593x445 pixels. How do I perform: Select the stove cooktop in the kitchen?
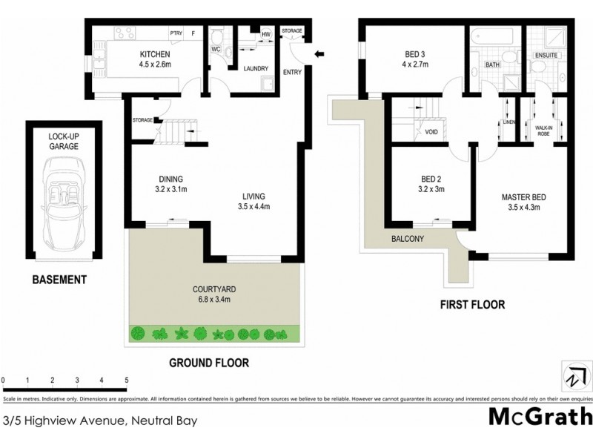(124, 33)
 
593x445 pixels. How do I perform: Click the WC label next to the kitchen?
(216, 50)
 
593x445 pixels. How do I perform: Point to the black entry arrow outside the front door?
(319, 53)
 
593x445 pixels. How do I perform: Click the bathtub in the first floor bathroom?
(494, 35)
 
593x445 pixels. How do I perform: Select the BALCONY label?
(408, 239)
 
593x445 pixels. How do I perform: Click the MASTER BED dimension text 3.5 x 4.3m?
(524, 208)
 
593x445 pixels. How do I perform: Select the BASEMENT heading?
(59, 280)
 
